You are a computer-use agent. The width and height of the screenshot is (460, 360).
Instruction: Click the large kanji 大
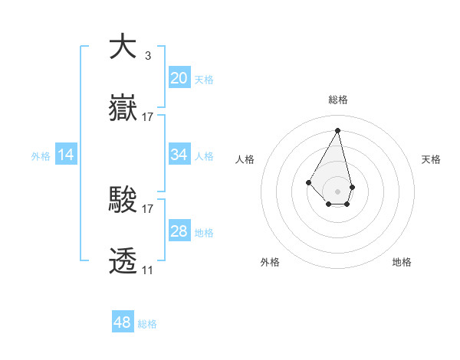pyautogui.click(x=123, y=47)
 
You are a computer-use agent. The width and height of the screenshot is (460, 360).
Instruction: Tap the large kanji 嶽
pyautogui.click(x=123, y=110)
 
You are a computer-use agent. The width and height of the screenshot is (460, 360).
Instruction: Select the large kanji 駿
pyautogui.click(x=123, y=201)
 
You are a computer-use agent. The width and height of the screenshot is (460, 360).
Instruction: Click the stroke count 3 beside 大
pyautogui.click(x=147, y=56)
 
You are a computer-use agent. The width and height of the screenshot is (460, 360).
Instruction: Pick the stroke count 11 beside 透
pyautogui.click(x=147, y=270)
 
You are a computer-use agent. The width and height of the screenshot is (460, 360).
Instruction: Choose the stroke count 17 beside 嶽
pyautogui.click(x=148, y=117)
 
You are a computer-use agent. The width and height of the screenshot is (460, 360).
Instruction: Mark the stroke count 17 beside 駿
pyautogui.click(x=148, y=208)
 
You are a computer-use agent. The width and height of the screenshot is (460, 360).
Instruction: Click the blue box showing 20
pyautogui.click(x=179, y=78)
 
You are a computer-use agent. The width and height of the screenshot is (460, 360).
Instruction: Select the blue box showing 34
pyautogui.click(x=179, y=155)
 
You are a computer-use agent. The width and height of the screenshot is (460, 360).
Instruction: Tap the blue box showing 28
pyautogui.click(x=179, y=231)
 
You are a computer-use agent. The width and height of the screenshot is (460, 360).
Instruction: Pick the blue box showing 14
pyautogui.click(x=66, y=155)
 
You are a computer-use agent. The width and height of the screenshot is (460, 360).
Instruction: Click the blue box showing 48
pyautogui.click(x=123, y=322)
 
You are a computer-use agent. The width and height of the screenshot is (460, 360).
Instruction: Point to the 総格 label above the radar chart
pyautogui.click(x=338, y=100)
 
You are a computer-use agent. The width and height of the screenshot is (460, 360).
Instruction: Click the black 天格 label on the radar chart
pyautogui.click(x=431, y=159)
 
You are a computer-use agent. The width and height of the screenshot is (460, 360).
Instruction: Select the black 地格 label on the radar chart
pyautogui.click(x=402, y=262)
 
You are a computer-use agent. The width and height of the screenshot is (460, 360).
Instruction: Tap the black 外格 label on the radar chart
pyautogui.click(x=270, y=262)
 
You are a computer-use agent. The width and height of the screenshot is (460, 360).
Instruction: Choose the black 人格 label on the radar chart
pyautogui.click(x=245, y=159)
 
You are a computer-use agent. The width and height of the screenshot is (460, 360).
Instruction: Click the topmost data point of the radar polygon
pyautogui.click(x=337, y=129)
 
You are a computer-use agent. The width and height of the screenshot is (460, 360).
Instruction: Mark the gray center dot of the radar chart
pyautogui.click(x=337, y=191)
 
